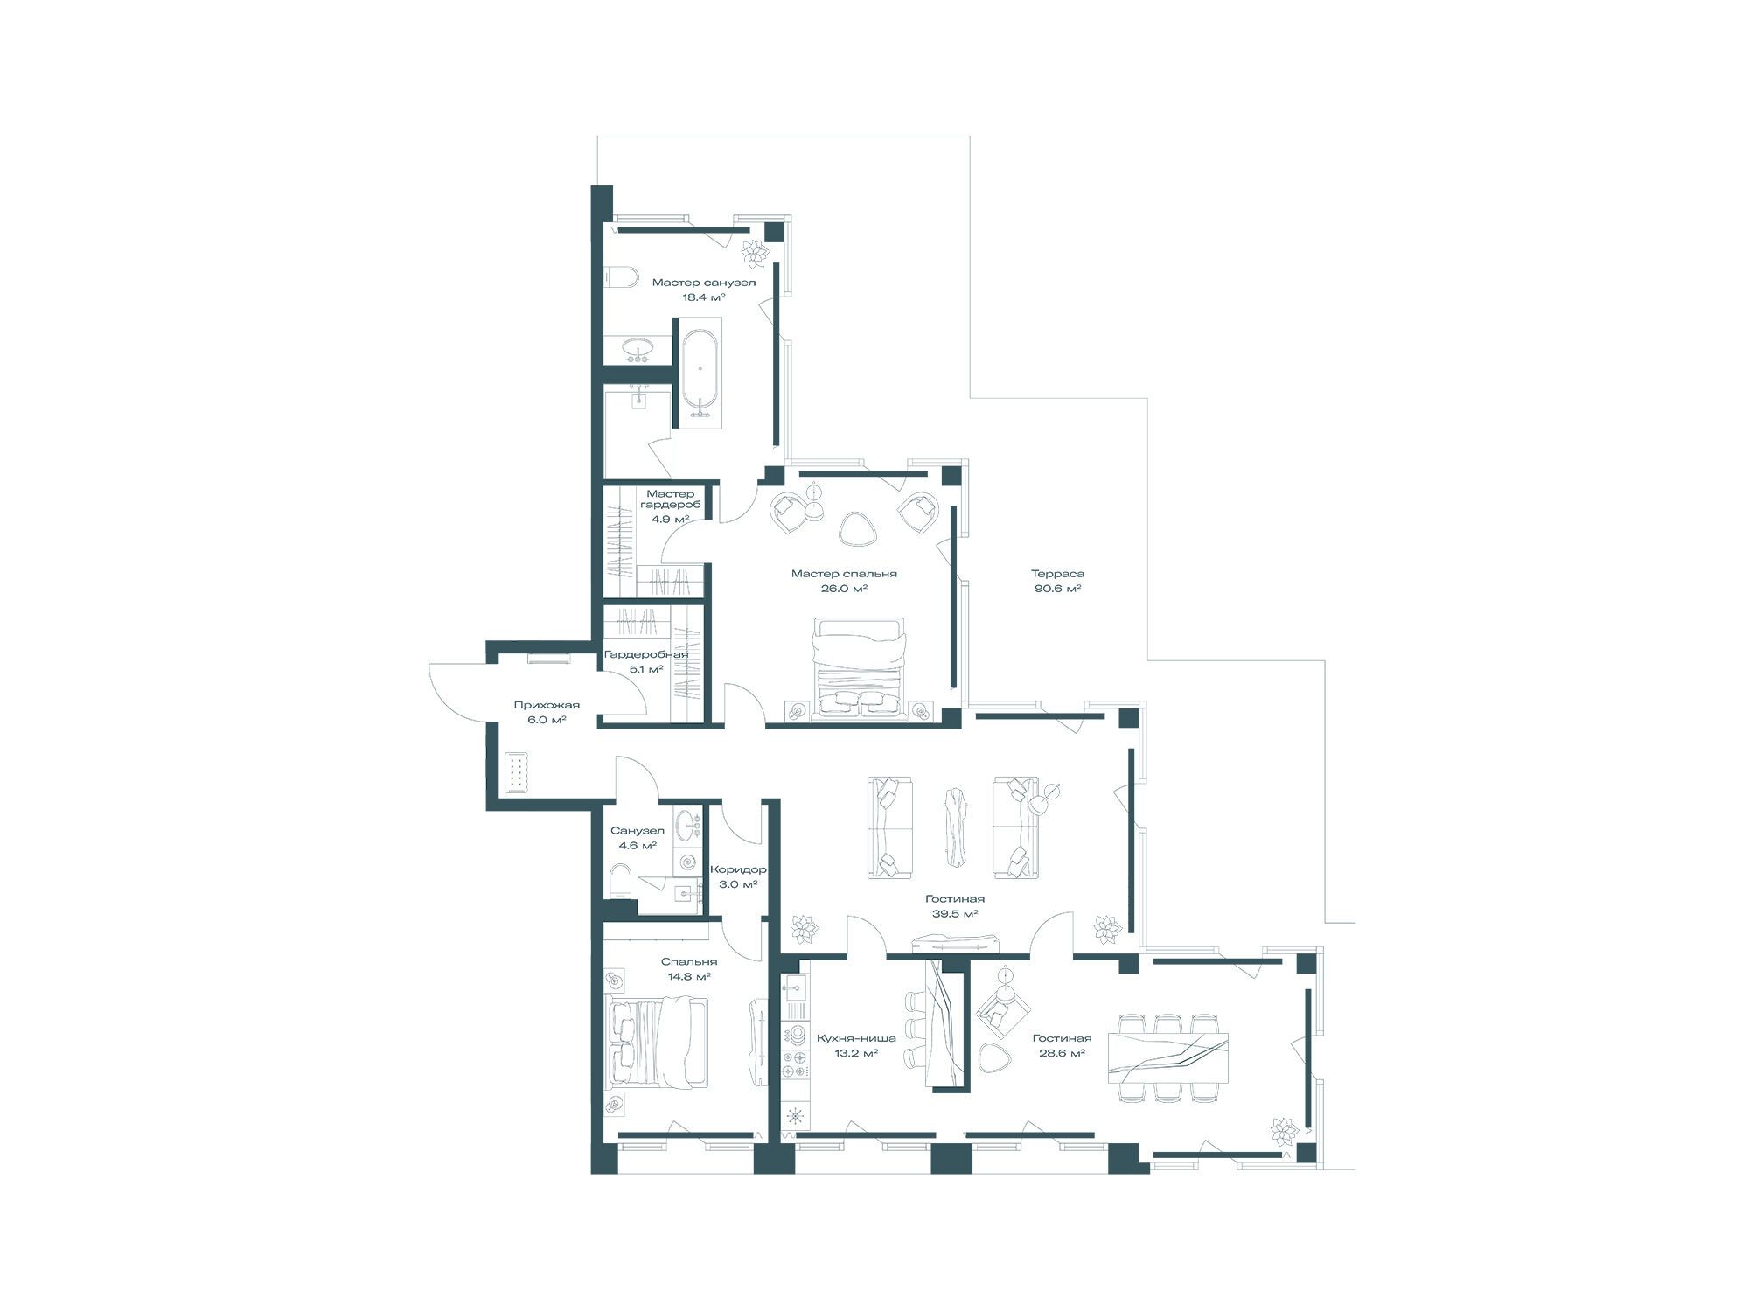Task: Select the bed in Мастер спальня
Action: (858, 669)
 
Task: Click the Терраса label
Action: (1057, 574)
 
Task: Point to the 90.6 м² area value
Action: (1057, 589)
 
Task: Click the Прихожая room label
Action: (547, 705)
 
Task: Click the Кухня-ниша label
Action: (856, 1038)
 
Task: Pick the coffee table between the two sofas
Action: (952, 827)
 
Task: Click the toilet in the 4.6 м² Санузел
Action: (620, 881)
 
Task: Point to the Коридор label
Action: (738, 869)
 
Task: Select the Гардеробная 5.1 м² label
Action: (646, 661)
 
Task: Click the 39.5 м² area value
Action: (955, 913)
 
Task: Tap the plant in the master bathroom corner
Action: (754, 253)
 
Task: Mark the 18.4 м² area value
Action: (704, 297)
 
